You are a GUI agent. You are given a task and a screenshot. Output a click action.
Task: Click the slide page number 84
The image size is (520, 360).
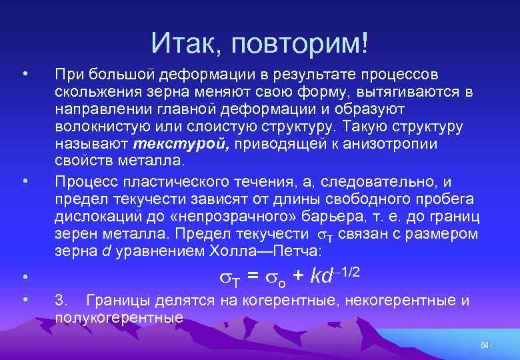click(x=485, y=345)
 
